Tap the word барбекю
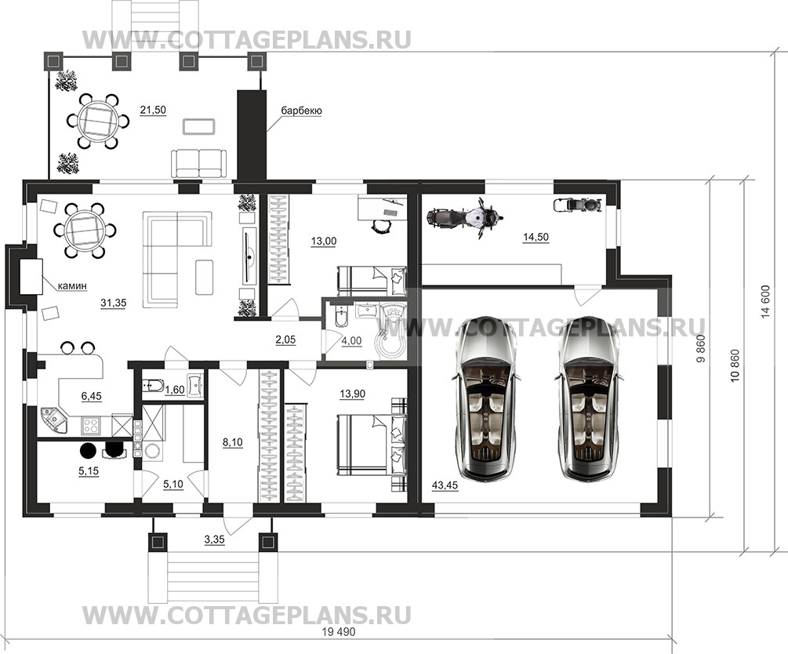(x=302, y=111)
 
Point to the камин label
(x=72, y=286)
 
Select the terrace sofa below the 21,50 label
(x=199, y=163)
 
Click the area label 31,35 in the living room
(x=113, y=303)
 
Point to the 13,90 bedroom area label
(x=352, y=380)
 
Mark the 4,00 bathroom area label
(x=351, y=341)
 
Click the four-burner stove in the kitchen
(x=91, y=427)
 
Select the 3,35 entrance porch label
(x=215, y=540)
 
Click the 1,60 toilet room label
(x=174, y=390)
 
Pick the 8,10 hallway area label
(x=232, y=442)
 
